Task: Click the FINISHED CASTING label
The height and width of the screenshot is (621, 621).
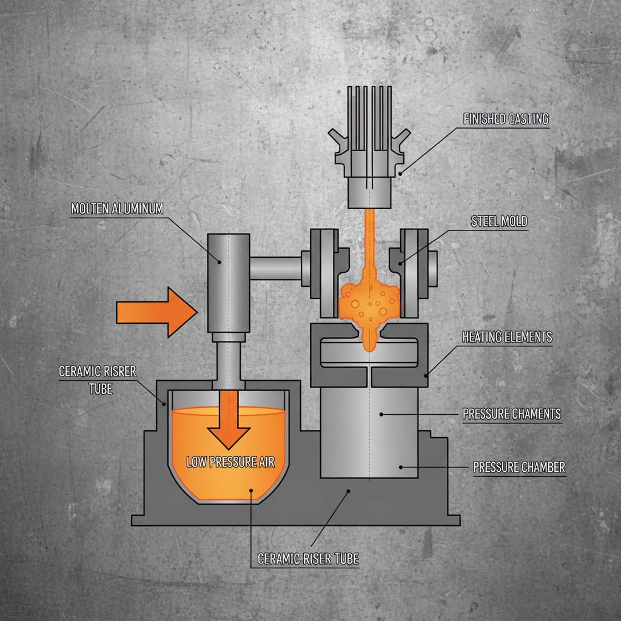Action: click(x=506, y=119)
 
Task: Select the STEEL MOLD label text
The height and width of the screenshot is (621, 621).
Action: click(x=498, y=222)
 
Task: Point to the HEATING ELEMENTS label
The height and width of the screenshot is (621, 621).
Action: click(x=507, y=337)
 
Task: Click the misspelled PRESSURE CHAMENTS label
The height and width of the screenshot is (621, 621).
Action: click(x=511, y=415)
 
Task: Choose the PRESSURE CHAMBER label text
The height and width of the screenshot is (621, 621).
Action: click(x=519, y=468)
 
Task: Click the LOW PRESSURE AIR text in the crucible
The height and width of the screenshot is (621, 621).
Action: click(x=230, y=463)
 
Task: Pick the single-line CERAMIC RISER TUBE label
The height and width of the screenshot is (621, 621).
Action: click(x=308, y=559)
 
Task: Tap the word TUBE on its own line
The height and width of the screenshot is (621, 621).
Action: click(x=101, y=388)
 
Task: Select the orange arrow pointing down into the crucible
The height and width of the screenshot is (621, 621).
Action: click(x=229, y=418)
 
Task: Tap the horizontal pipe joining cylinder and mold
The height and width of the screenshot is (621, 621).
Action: click(x=276, y=267)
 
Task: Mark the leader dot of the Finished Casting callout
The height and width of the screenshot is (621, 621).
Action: click(x=401, y=173)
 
